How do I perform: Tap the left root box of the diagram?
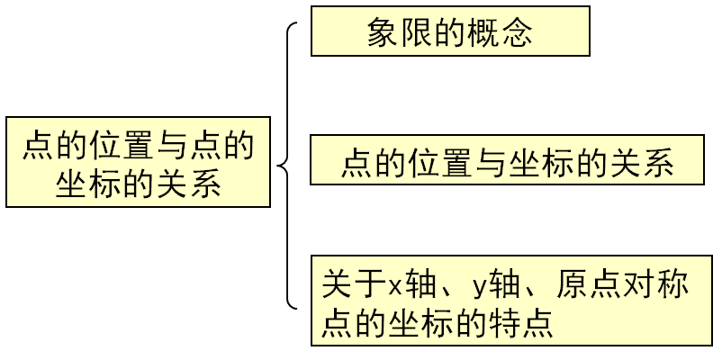click(138, 162)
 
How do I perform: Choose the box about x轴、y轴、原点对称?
click(511, 301)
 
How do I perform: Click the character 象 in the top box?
click(384, 32)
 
